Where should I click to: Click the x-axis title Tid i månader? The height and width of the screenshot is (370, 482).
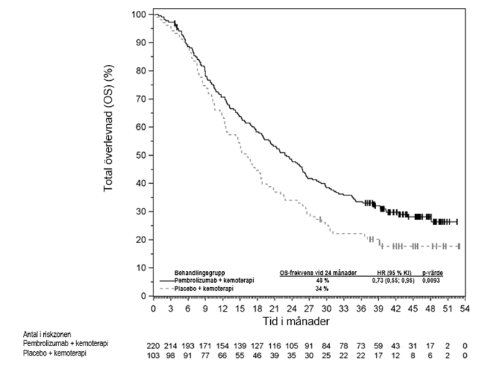tap(307, 320)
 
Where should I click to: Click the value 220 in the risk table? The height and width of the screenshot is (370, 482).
tap(154, 345)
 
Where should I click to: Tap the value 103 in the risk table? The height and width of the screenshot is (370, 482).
tap(154, 354)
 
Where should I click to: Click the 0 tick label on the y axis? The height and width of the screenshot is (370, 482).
tap(143, 296)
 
